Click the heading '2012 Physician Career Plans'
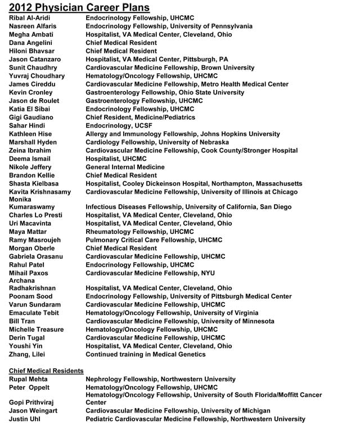79,7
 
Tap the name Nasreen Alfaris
33,26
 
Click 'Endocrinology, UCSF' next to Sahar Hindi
119,126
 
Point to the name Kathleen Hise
31,134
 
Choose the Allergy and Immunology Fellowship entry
182,134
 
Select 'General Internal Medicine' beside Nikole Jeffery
125,167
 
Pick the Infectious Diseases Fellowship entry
188,207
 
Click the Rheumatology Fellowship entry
139,232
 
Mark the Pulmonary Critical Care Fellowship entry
154,240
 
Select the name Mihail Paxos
29,273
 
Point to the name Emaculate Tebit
34,313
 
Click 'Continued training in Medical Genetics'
145,355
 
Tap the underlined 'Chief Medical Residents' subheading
46,371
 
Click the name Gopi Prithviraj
32,403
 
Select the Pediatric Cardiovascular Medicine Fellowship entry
195,420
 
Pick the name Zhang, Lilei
26,355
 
